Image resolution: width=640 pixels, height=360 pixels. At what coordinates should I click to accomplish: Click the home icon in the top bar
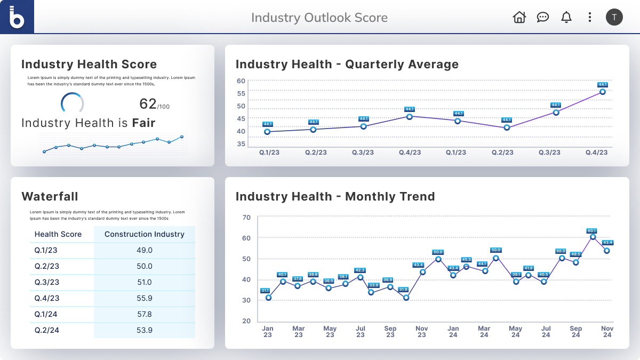(519, 17)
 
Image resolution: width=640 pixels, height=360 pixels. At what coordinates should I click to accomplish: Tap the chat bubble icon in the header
(543, 17)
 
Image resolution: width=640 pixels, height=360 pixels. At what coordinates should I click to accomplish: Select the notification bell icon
(566, 17)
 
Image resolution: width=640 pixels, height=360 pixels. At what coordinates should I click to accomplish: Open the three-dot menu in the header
(590, 17)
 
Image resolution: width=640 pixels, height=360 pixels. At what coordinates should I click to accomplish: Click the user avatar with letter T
(614, 17)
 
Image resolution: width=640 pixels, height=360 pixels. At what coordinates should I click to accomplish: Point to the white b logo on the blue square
(17, 17)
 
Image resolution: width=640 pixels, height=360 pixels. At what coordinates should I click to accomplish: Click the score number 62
(148, 103)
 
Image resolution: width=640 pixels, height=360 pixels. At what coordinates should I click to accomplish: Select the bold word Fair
(144, 123)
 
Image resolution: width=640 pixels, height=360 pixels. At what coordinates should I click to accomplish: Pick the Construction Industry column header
(145, 234)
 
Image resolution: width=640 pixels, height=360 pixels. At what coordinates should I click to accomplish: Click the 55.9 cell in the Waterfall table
(145, 298)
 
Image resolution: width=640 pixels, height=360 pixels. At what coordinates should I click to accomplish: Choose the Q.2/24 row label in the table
(47, 330)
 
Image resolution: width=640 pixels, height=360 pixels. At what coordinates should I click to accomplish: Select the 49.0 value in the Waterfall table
(145, 250)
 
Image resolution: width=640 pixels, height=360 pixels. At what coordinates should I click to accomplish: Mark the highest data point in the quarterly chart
(603, 92)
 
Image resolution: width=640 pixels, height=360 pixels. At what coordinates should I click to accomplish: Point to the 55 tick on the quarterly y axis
(241, 93)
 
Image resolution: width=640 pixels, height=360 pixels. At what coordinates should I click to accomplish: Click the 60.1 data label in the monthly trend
(592, 230)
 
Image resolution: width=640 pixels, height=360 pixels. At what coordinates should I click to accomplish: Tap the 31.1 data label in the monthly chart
(265, 291)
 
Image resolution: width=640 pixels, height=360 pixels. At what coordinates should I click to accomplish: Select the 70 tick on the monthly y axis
(246, 217)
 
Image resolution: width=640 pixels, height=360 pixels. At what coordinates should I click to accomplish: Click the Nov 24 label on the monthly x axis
(607, 332)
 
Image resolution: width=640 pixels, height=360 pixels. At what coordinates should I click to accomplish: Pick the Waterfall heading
(50, 196)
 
